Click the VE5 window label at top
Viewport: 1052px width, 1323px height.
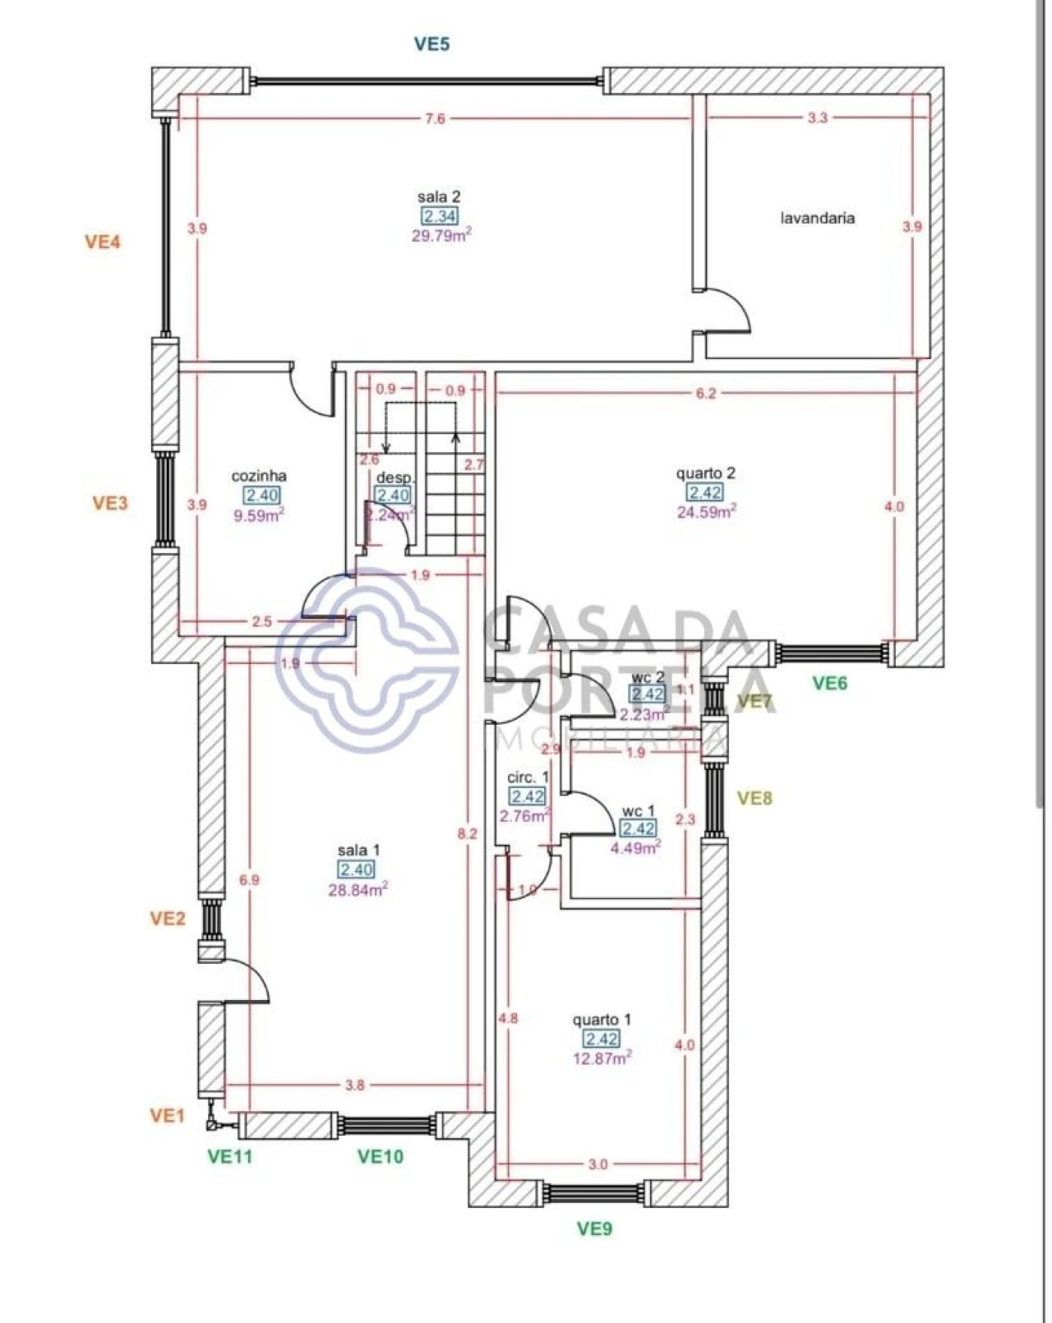[431, 44]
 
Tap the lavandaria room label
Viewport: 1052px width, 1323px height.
[817, 218]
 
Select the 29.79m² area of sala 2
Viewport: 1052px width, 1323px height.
[441, 236]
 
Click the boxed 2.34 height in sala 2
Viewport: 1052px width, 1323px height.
[440, 216]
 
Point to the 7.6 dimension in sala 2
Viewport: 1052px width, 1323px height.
[435, 118]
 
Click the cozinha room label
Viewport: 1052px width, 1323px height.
[259, 476]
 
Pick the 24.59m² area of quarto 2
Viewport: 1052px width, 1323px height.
[706, 512]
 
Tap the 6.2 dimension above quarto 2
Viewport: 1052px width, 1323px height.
[706, 394]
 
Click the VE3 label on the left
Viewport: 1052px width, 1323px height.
[110, 503]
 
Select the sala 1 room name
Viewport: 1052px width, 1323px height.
[358, 850]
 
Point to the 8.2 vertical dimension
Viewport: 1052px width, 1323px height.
[468, 833]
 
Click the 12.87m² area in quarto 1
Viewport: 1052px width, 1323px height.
[602, 1058]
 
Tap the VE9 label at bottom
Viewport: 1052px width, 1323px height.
[594, 1228]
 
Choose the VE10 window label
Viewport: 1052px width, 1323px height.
[381, 1156]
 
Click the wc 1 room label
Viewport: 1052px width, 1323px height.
[639, 811]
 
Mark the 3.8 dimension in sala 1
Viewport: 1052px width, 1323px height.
[354, 1085]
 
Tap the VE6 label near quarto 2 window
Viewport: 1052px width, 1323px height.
[829, 682]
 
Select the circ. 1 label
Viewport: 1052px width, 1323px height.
[528, 777]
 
